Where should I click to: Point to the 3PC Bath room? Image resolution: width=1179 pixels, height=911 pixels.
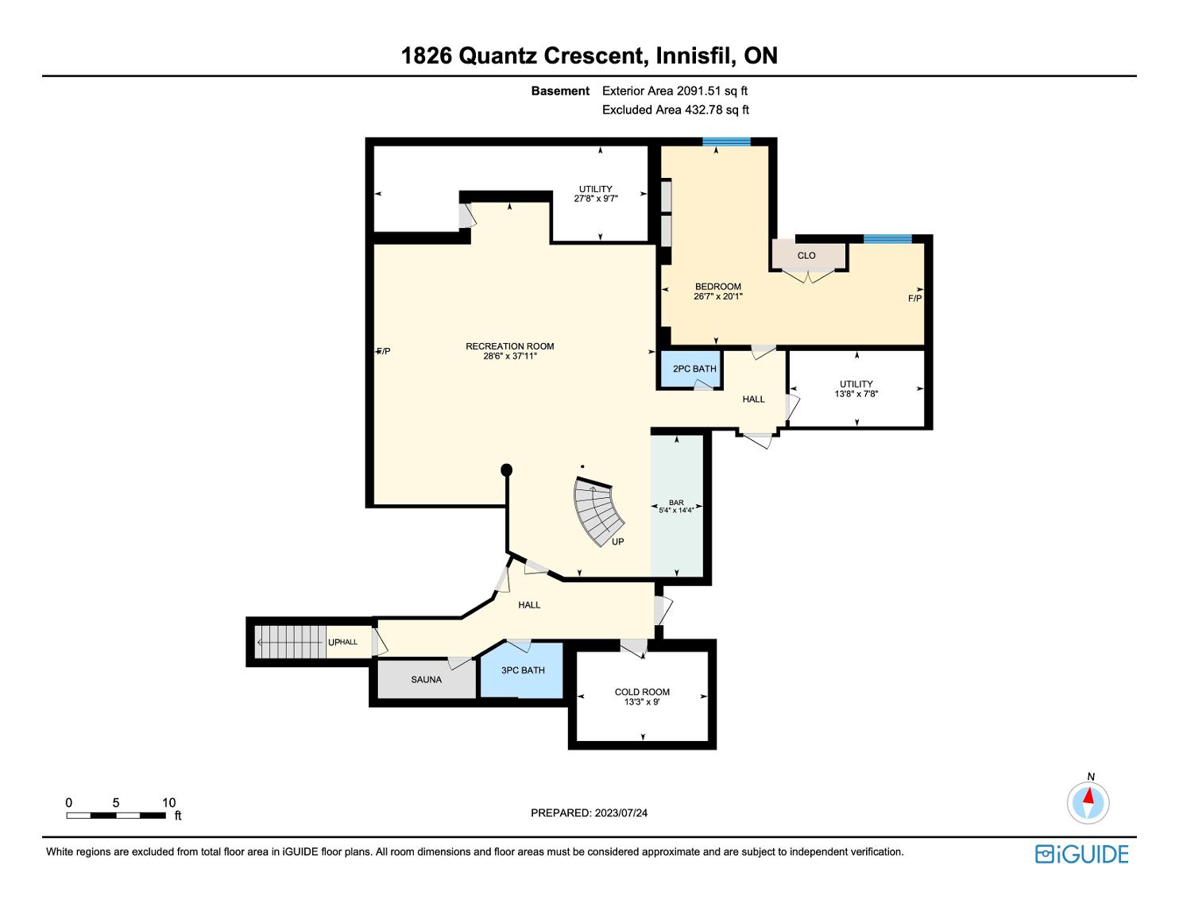coord(522,671)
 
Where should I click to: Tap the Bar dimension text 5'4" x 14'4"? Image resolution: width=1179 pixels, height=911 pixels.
coord(676,510)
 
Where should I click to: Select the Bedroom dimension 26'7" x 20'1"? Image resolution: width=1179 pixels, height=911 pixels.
coord(718,296)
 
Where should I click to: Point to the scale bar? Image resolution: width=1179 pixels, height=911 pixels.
coord(116,816)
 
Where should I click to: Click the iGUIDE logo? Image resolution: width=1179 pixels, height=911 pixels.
coord(1081,854)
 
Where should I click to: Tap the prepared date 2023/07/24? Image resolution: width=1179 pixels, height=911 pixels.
coord(620,813)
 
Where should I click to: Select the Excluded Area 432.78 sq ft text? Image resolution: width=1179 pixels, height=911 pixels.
coord(675,110)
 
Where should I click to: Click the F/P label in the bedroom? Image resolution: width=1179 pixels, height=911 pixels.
coord(914,299)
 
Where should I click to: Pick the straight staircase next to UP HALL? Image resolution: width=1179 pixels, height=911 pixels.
coord(290,642)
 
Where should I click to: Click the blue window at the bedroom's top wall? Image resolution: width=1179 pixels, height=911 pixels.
coord(726,142)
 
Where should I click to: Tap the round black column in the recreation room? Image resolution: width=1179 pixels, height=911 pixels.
coord(506,469)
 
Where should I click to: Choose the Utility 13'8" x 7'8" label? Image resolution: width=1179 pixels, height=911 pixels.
coord(856,389)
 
